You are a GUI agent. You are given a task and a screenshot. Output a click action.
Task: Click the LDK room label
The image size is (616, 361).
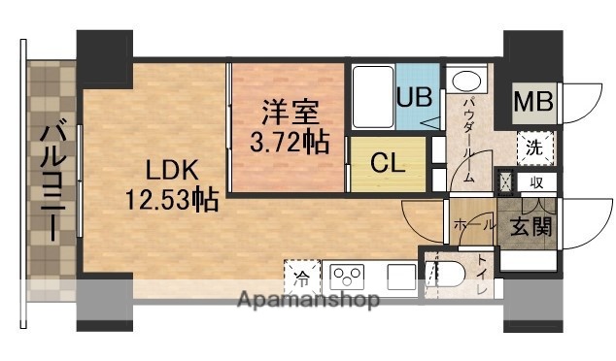coord(173,172)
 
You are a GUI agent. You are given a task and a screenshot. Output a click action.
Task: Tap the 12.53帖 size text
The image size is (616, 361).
coord(171,202)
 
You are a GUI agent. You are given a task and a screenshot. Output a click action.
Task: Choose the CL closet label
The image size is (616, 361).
coord(388,163)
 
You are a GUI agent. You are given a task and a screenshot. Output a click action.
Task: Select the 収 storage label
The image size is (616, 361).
coord(535,182)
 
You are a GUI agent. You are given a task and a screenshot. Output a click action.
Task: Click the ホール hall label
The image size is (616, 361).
coord(471,224)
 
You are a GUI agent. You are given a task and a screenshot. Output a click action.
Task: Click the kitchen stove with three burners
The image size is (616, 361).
coord(347,277)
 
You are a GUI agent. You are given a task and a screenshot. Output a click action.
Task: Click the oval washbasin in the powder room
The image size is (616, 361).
coord(468,81)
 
